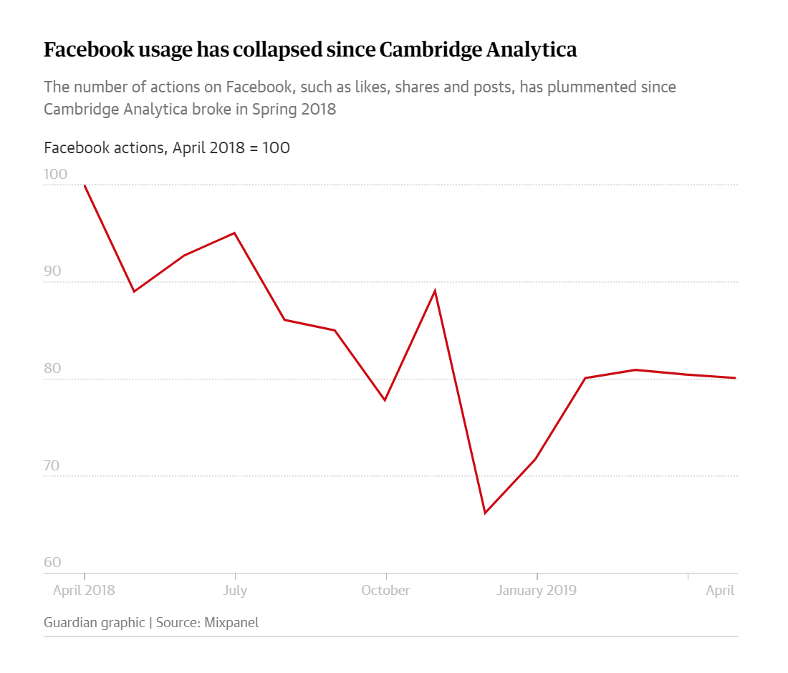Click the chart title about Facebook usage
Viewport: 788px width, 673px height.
[x=310, y=50]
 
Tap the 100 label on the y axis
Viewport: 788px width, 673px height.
[x=55, y=175]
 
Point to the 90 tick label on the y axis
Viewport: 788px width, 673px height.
[x=52, y=272]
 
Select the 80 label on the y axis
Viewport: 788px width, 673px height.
[x=52, y=369]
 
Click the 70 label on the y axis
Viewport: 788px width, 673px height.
[x=52, y=466]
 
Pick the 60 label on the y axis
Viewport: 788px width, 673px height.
[x=52, y=563]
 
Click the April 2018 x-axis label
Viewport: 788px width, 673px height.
[x=84, y=591]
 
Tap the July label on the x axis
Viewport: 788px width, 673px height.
[x=235, y=591]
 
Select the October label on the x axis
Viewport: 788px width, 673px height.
[x=385, y=591]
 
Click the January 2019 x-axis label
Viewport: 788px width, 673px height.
[x=537, y=591]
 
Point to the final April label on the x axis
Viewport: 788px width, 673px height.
[x=720, y=591]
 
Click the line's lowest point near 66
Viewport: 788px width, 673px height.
[x=485, y=513]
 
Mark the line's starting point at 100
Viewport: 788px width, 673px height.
[x=85, y=185]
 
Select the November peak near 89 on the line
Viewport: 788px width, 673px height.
[x=435, y=291]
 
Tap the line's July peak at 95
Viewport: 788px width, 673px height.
[x=234, y=233]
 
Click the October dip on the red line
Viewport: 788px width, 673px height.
[x=385, y=400]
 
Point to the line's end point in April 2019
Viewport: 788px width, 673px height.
[x=735, y=378]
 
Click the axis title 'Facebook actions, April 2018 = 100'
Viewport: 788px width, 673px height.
[x=167, y=148]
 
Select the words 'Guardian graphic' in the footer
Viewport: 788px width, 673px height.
[x=94, y=622]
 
